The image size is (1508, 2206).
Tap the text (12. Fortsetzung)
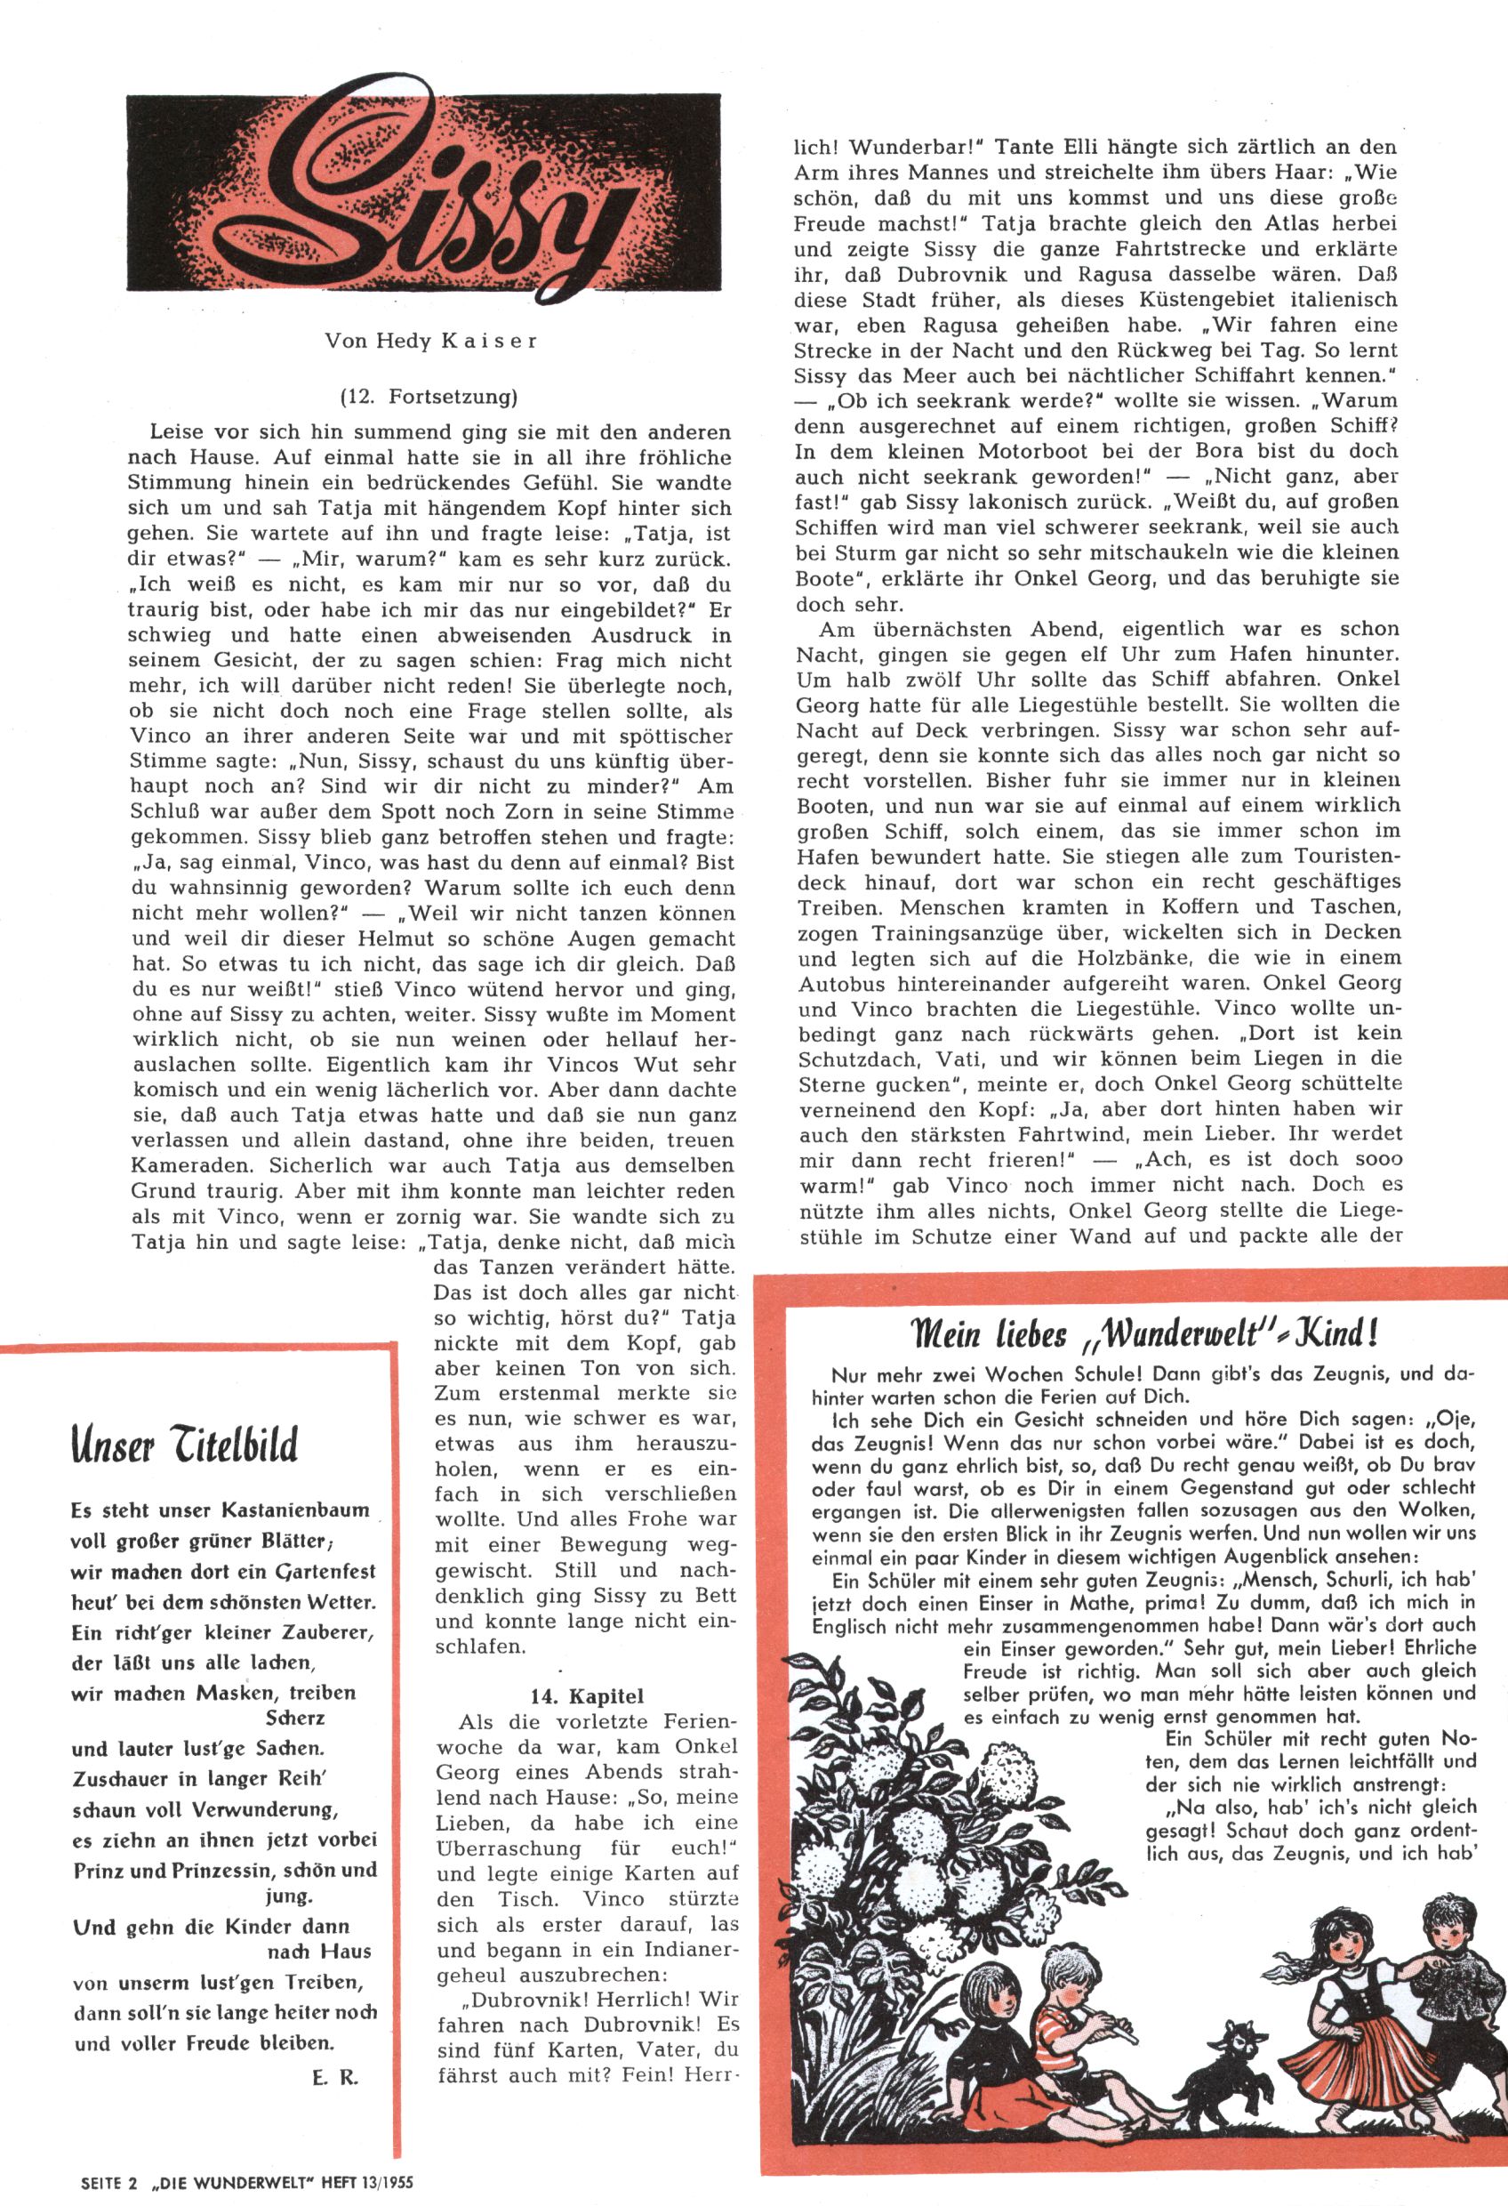[429, 397]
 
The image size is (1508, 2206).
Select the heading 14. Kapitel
[587, 1696]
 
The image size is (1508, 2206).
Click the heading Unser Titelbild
[184, 1445]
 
